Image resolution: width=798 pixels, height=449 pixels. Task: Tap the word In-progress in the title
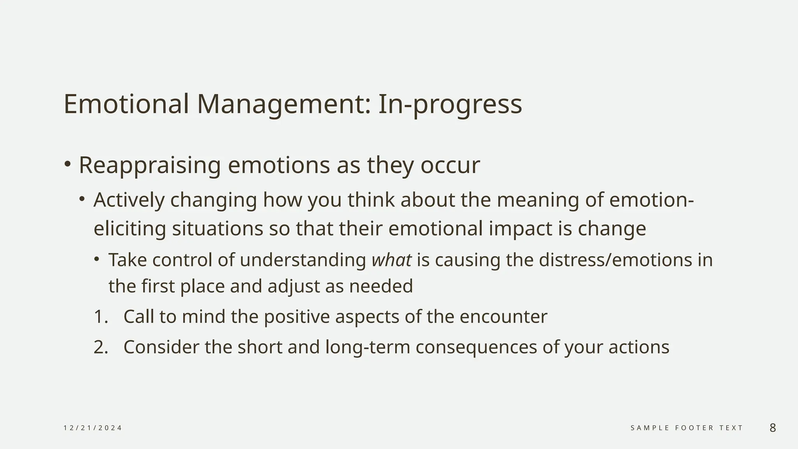(450, 104)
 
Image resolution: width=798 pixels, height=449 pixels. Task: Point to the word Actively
(129, 200)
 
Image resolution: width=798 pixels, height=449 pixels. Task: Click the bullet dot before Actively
(82, 199)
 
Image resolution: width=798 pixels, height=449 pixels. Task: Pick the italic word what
(391, 260)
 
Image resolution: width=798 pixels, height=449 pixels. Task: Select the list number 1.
(101, 316)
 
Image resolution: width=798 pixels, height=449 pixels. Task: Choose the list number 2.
(101, 347)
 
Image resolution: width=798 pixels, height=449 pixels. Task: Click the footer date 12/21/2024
(93, 428)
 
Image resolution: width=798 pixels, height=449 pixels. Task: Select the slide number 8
(773, 428)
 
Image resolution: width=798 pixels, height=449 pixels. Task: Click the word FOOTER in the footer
(694, 428)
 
